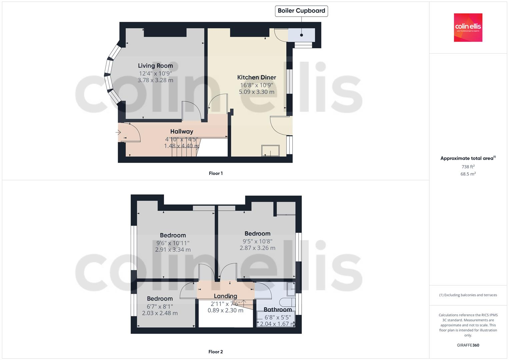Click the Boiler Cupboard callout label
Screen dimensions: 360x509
click(301, 11)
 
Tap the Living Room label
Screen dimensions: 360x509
click(155, 66)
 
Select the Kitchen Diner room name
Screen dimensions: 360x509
click(257, 77)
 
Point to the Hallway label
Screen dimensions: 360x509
click(182, 131)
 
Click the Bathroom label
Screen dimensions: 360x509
click(278, 310)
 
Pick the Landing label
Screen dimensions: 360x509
click(225, 296)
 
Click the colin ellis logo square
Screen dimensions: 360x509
click(468, 27)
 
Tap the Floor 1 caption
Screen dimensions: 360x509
click(216, 173)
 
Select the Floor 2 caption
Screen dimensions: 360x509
click(216, 352)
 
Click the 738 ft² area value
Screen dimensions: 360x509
click(468, 167)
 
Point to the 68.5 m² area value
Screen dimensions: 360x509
click(468, 174)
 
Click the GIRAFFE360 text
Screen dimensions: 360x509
click(468, 345)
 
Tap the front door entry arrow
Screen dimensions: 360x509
click(118, 132)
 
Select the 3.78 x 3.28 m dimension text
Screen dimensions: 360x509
click(155, 80)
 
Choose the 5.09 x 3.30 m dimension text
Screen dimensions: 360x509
click(257, 92)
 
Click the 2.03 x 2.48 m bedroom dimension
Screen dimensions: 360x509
click(160, 313)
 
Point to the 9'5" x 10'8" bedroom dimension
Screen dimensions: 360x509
click(257, 241)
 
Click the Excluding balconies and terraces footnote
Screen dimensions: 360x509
click(468, 295)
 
